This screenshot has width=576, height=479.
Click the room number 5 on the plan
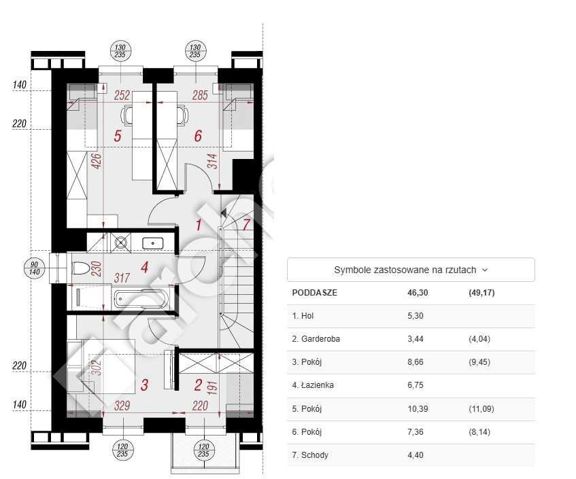(118, 136)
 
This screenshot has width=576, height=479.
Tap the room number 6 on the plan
(198, 136)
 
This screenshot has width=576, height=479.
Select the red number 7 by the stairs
(246, 224)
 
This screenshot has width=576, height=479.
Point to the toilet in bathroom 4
(81, 268)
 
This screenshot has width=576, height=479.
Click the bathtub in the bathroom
(141, 299)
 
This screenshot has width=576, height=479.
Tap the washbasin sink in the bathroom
(152, 243)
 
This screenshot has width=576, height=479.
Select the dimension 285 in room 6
(200, 95)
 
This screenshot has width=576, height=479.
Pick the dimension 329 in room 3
(122, 406)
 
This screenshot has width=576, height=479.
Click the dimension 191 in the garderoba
(212, 388)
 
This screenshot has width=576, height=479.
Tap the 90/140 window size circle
(34, 268)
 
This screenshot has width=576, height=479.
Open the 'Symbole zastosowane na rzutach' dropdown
(411, 270)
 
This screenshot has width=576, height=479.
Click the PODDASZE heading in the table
(314, 293)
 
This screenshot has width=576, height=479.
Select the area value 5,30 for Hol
(416, 316)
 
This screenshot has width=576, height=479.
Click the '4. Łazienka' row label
(313, 385)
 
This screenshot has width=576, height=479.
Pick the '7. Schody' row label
(310, 455)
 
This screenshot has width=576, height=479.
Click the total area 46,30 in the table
(418, 293)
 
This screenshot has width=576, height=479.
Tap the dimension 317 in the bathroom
(122, 278)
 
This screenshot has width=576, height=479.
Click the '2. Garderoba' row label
(316, 339)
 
